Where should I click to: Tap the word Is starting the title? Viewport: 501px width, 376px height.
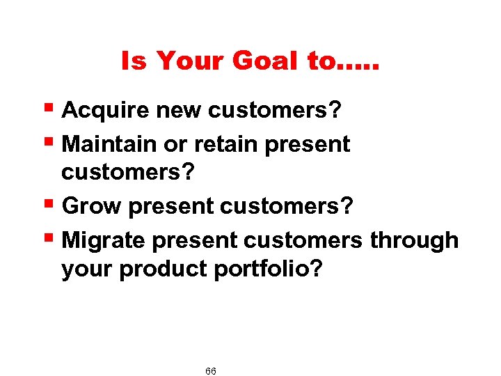coord(134,62)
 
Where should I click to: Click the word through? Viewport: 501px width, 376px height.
coord(413,240)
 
